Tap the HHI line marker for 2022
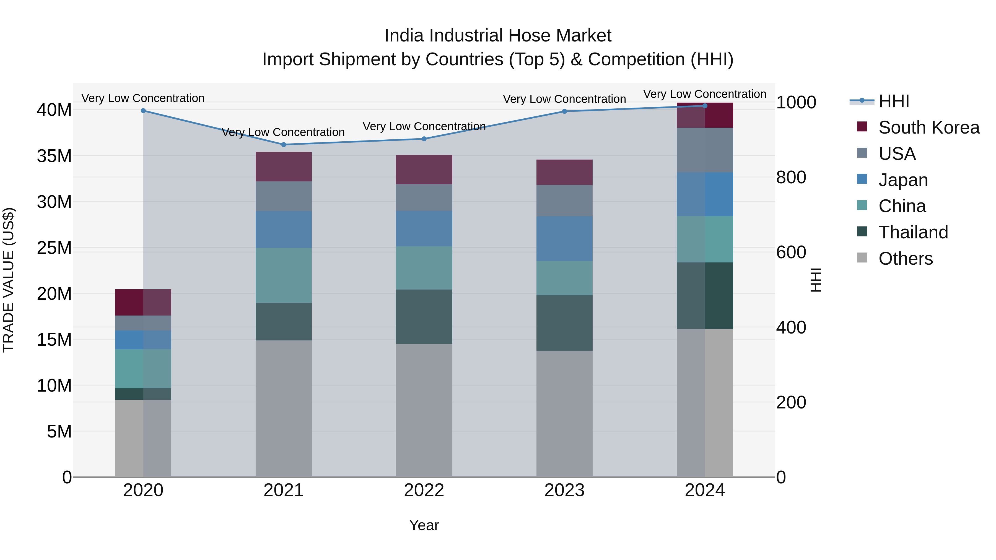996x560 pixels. (x=424, y=139)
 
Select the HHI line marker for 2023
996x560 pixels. (x=564, y=111)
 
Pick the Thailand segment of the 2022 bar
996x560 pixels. (x=424, y=317)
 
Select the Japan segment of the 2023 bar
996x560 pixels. (x=564, y=238)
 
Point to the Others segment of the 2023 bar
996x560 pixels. (x=564, y=413)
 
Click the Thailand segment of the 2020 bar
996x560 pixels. (x=143, y=394)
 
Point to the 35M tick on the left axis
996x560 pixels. (x=54, y=156)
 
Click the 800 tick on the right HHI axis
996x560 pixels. (x=791, y=177)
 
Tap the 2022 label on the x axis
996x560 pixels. (x=424, y=490)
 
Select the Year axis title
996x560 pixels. (x=424, y=525)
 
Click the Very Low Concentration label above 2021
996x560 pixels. (x=283, y=132)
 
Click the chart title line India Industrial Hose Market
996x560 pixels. (x=498, y=36)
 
